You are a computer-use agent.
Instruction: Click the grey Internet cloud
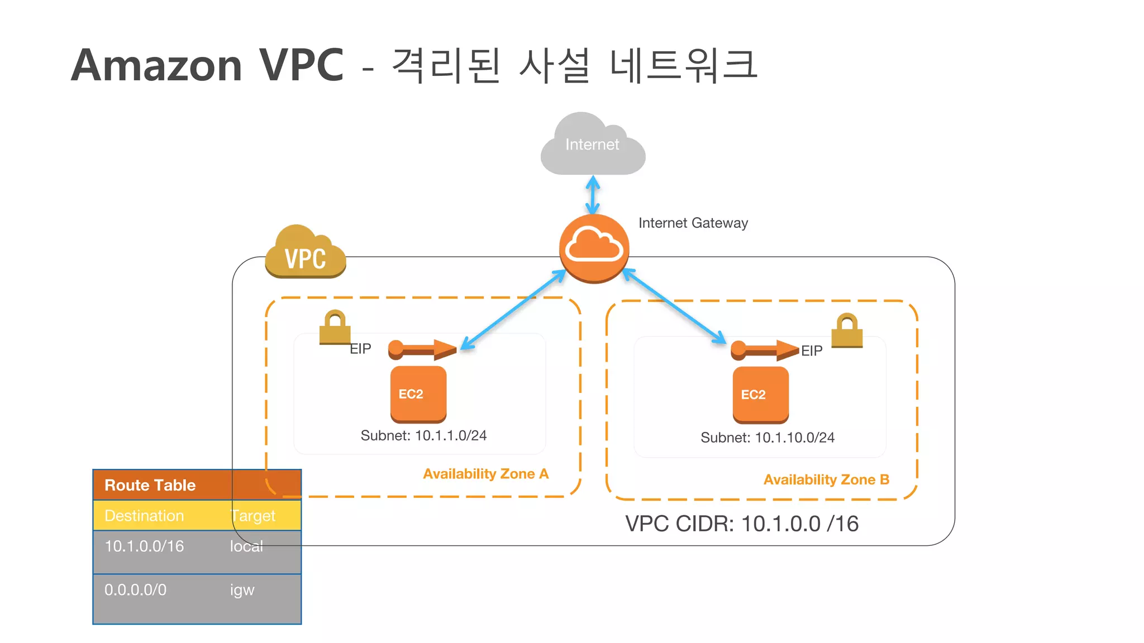coord(592,146)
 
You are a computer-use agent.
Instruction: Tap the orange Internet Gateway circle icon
coord(594,248)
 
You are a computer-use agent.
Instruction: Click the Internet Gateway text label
coord(693,223)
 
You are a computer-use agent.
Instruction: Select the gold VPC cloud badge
coord(305,254)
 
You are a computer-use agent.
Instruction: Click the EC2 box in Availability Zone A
coord(418,394)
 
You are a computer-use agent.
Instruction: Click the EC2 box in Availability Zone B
coord(760,395)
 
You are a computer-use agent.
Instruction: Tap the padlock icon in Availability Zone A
coord(335,328)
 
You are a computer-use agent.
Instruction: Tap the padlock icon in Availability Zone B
coord(847,330)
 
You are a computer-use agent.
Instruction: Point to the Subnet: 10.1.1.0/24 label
coord(423,435)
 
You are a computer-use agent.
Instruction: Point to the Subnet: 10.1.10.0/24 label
coord(767,438)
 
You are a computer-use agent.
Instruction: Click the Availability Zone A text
coord(485,474)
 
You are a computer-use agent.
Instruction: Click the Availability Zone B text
coord(826,479)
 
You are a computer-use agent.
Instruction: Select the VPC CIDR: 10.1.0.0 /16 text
coord(741,524)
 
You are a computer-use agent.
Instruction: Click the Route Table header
coord(150,485)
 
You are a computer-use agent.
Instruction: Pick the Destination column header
coord(144,516)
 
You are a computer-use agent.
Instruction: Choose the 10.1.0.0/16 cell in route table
coord(144,546)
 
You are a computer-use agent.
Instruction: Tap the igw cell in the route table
coord(242,590)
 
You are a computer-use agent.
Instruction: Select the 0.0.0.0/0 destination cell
coord(135,590)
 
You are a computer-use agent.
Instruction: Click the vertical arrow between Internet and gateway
coord(593,195)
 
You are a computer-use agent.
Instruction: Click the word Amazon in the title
coord(156,65)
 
